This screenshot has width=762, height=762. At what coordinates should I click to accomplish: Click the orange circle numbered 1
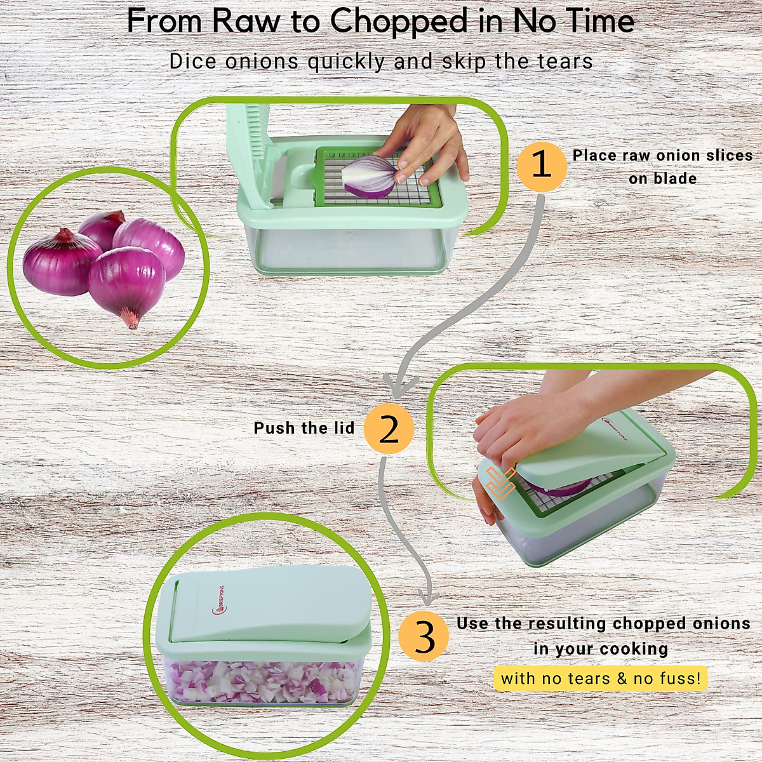pos(541,166)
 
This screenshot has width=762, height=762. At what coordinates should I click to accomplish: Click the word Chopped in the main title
pos(399,22)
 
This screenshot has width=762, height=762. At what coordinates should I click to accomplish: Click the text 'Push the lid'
pos(304,428)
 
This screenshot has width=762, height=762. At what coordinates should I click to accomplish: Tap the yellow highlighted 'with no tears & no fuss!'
pos(601,678)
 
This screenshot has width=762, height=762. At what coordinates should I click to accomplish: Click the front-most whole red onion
pos(127,283)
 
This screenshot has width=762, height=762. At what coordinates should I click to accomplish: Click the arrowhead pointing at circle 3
pos(430,597)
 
